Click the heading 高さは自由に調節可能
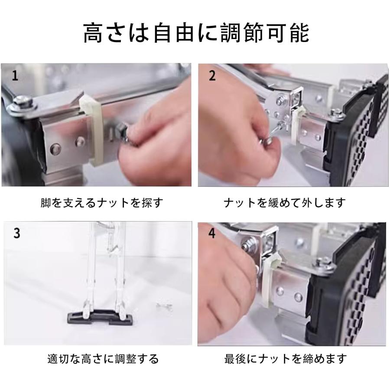coord(196,33)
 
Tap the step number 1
coord(15,75)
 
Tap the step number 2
coord(212,75)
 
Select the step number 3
coord(16,233)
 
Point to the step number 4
coord(212,233)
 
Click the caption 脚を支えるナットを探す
coord(102,203)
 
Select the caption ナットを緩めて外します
coord(285,203)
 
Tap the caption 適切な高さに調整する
coord(103,359)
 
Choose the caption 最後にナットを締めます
coord(286,359)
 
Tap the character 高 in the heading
coord(93,33)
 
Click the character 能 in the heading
coord(300,33)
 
